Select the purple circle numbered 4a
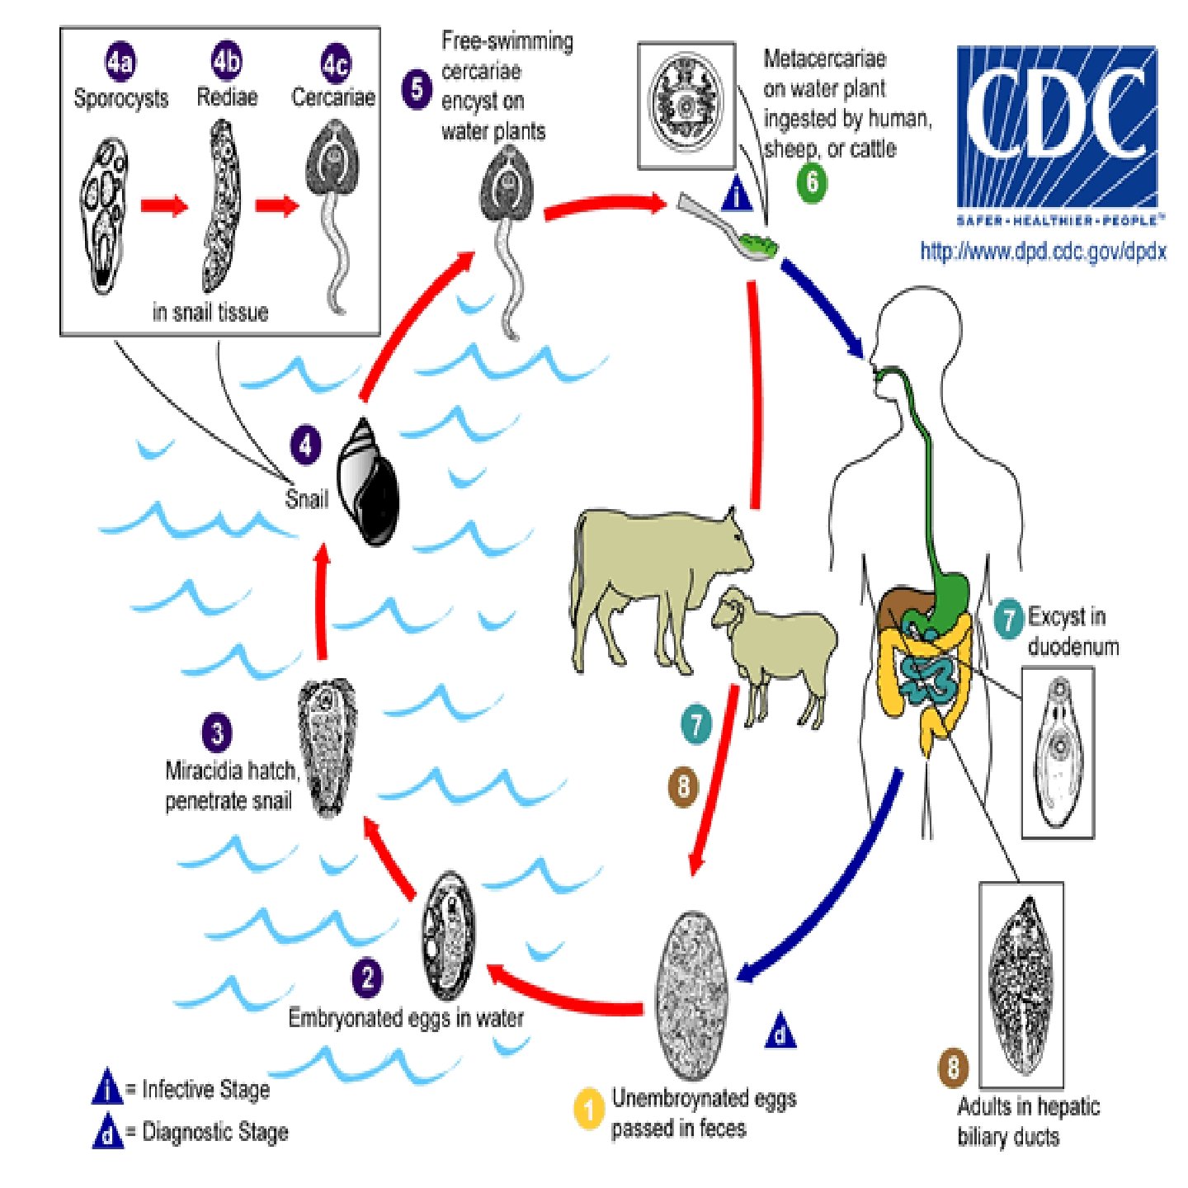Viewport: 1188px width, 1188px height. coord(120,63)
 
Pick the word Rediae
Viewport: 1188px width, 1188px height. coord(227,97)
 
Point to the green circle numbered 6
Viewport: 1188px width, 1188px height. coord(812,181)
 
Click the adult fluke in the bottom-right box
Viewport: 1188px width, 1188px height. coord(1021,986)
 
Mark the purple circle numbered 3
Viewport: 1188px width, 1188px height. coord(217,733)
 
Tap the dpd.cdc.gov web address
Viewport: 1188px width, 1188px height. coord(1043,251)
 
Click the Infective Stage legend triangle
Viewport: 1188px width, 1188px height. coord(107,1088)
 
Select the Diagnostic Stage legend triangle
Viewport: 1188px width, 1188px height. coord(107,1131)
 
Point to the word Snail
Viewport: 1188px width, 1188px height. coord(306,499)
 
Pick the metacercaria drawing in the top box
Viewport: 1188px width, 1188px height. coord(686,104)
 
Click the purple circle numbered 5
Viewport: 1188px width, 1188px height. coord(417,89)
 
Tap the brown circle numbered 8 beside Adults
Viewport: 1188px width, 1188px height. coord(953,1068)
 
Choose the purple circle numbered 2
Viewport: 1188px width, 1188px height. coord(367,978)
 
